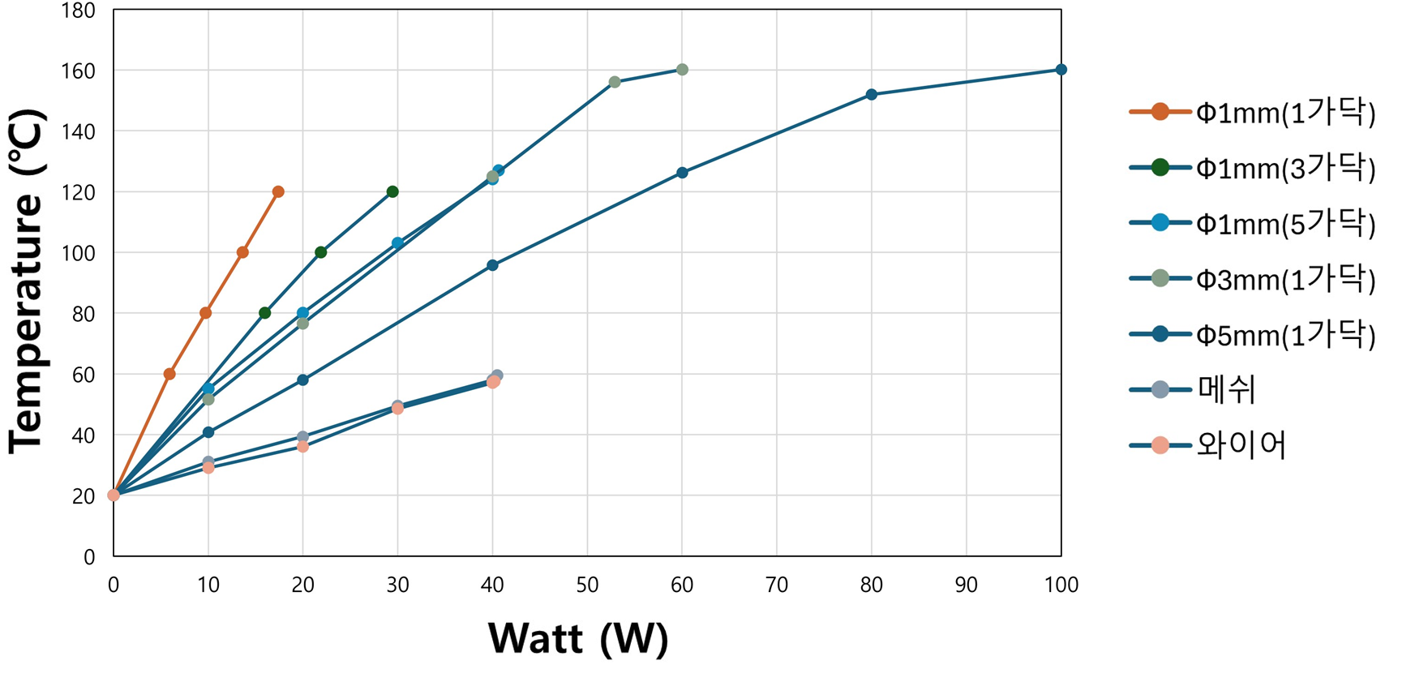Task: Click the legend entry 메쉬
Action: (1226, 390)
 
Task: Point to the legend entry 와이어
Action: (1241, 445)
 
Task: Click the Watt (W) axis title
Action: (578, 638)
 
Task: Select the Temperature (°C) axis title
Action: (26, 282)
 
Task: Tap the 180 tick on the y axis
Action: (79, 11)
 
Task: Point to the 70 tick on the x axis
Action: (777, 585)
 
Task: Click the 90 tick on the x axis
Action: (966, 585)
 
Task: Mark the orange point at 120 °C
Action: (278, 192)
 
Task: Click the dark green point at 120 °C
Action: (392, 192)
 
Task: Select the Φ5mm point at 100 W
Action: (1061, 70)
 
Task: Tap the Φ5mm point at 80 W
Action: (872, 95)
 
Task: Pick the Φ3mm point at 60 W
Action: (682, 70)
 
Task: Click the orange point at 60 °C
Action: (169, 374)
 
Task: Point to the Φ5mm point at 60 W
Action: (682, 173)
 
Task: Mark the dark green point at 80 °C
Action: (264, 313)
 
